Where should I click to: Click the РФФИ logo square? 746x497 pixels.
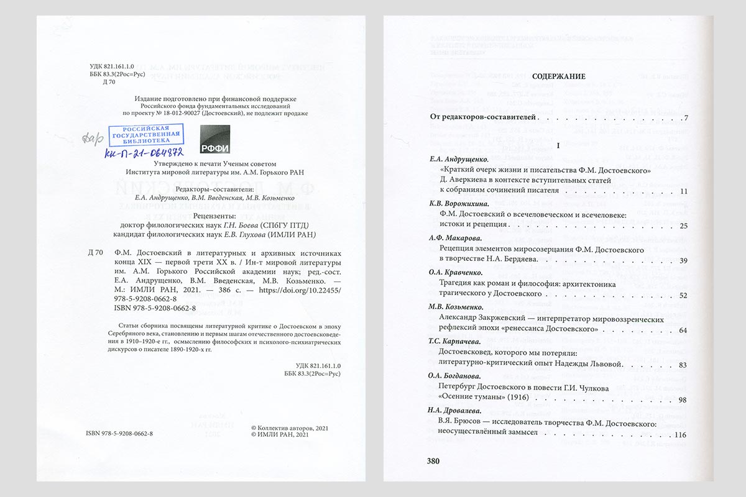point(215,139)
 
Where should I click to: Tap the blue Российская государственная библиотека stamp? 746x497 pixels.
point(145,134)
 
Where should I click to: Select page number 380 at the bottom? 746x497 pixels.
point(433,461)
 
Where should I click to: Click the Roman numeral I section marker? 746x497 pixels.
point(558,145)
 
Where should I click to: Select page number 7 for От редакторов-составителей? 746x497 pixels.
point(684,118)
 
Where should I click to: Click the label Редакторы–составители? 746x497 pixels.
point(213,188)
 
